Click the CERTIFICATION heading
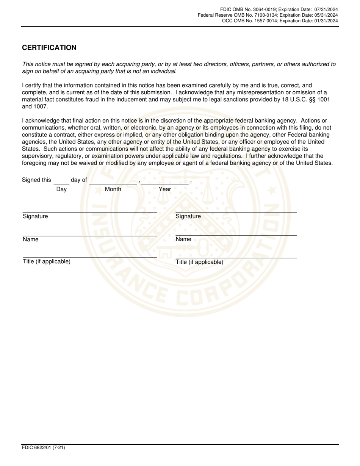[49, 48]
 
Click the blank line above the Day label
[61, 182]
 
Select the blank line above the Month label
[113, 182]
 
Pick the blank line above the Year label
[164, 182]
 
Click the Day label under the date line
[61, 189]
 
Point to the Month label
[113, 189]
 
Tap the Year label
[165, 189]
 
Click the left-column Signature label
[35, 216]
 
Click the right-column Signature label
[188, 216]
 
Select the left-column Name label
[31, 239]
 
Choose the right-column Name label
[183, 239]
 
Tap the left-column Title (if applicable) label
[47, 261]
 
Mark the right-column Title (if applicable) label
[200, 262]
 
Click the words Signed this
[36, 180]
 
